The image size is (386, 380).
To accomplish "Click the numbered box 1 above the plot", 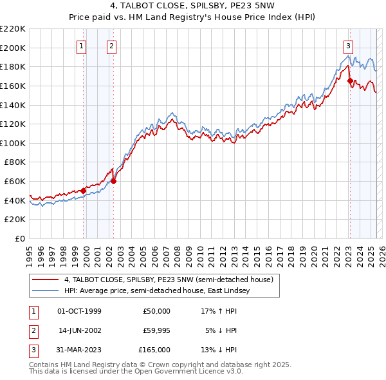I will coord(82,46).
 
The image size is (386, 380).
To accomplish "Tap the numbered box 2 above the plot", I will coord(111,46).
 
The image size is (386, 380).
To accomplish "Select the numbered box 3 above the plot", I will coord(348,46).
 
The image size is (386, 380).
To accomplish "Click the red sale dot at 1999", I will coord(84,191).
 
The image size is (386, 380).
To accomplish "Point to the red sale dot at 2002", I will coord(114,181).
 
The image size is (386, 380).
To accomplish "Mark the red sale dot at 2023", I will coord(350,81).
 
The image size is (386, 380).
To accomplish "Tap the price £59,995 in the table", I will coord(156,330).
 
